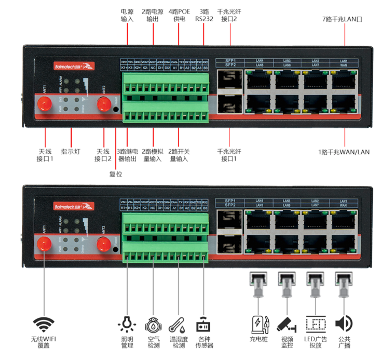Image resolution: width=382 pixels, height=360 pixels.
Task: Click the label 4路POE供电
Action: coord(179,15)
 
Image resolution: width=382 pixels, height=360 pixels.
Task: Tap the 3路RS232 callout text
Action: coord(204,15)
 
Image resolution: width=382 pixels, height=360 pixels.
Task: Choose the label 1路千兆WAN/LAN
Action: coord(344,152)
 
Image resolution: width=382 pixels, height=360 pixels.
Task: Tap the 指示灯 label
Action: coord(70,152)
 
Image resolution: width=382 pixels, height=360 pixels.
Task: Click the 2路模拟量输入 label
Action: coord(153,155)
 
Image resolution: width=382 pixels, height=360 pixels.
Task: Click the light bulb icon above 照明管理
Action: coord(127,324)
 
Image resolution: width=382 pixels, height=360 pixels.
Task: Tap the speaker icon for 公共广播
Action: coord(342,324)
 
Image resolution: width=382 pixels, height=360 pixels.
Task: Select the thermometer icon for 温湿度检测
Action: coord(178,324)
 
